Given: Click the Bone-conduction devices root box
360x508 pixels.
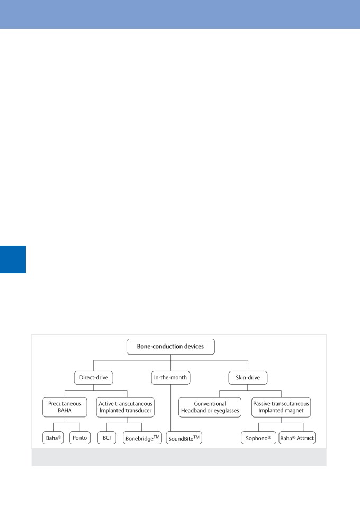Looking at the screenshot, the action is [x=170, y=346].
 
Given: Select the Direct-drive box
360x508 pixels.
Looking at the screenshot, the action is [x=93, y=378].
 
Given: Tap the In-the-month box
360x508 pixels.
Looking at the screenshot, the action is [x=170, y=378].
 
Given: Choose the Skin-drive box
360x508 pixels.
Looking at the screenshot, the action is [x=248, y=378].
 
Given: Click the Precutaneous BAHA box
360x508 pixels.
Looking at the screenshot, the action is [x=65, y=407].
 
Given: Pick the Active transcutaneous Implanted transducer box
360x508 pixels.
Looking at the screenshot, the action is [x=125, y=407].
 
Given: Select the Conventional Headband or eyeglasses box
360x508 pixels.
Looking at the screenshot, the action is [x=210, y=407].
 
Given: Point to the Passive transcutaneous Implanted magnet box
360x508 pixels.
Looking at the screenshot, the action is [x=281, y=407].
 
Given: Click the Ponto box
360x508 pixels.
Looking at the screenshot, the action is [x=80, y=438].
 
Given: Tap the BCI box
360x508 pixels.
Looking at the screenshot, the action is [x=106, y=438].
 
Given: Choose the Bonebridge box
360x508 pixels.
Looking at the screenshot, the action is [x=142, y=438].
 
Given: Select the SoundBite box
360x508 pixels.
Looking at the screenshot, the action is [x=184, y=438].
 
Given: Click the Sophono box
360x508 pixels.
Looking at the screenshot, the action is [x=258, y=438].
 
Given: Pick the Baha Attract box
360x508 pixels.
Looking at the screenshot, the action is [x=297, y=438].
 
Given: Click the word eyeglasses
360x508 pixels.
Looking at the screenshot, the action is [x=226, y=411].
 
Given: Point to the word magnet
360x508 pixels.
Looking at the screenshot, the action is [x=294, y=411].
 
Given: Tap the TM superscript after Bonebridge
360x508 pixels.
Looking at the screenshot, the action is [x=157, y=437].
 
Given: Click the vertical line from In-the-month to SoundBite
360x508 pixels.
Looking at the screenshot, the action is [x=170, y=408].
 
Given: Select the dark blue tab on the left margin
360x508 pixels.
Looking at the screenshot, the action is [x=13, y=259].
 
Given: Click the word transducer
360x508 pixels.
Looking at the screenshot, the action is [x=138, y=411].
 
